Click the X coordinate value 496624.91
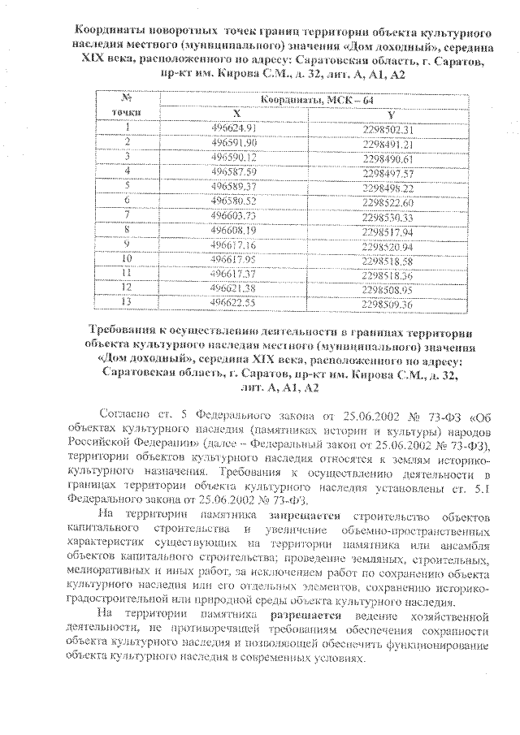[233, 128]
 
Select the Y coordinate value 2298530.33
[388, 217]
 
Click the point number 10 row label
[127, 259]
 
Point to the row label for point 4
[127, 171]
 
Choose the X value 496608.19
[233, 231]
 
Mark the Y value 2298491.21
[388, 143]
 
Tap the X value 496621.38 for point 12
[233, 289]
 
